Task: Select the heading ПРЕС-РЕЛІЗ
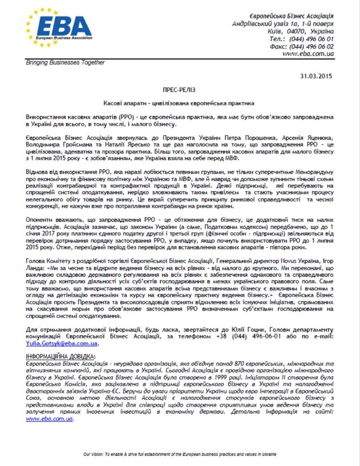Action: (180, 91)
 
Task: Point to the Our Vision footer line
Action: (180, 454)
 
